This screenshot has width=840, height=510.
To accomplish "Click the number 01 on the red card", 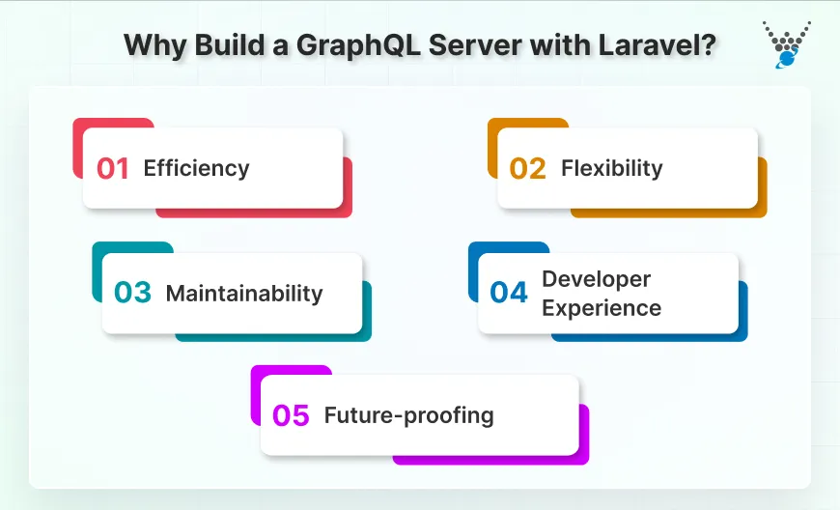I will click(x=113, y=168).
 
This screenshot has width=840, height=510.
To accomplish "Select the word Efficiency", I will click(x=196, y=168).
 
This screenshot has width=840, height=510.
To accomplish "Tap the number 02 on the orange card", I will click(x=528, y=168).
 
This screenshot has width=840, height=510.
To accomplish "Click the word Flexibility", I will click(x=611, y=168).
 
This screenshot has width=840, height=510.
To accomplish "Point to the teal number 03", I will click(x=132, y=294).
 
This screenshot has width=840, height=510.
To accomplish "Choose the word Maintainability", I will click(x=244, y=294).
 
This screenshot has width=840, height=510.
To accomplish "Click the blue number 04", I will click(x=509, y=294).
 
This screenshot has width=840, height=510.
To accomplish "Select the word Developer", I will click(x=596, y=279).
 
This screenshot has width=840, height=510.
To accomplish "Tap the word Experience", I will click(x=602, y=308).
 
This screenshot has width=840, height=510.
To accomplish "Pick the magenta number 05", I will click(x=291, y=415).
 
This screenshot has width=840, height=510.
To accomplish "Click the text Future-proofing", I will click(x=408, y=415).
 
